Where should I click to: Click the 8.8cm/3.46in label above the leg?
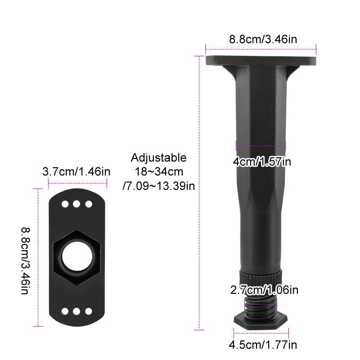tap(263, 39)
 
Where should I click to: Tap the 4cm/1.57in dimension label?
tap(262, 162)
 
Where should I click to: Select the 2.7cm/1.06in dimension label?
tap(264, 290)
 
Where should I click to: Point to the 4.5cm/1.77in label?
tap(263, 345)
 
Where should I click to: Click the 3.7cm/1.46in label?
tap(76, 172)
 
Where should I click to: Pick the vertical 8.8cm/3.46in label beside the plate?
tap(25, 261)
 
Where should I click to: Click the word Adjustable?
tap(159, 158)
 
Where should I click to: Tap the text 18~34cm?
tap(159, 172)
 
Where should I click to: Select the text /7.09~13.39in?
tap(159, 186)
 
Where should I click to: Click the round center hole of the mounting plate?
tap(77, 257)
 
